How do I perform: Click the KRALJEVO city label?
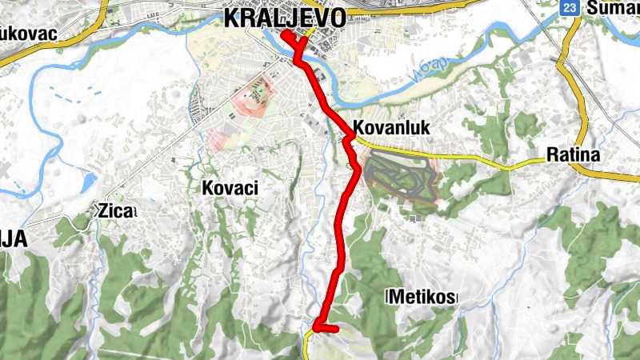tap(285, 18)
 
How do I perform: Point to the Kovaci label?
tap(233, 187)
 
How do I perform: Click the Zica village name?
tap(116, 211)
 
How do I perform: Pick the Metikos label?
tap(422, 298)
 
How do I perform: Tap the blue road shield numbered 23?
tap(569, 7)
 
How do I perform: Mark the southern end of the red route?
tap(336, 328)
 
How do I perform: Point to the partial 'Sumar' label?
tap(613, 8)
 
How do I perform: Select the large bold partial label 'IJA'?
tap(14, 238)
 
